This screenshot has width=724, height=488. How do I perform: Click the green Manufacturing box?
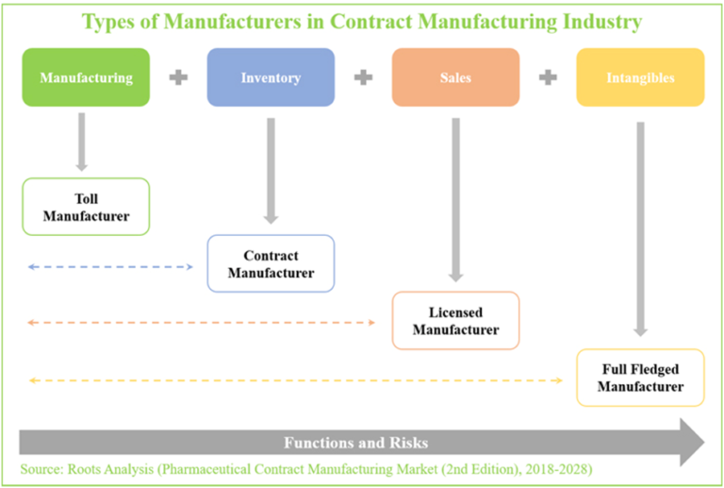coord(86,77)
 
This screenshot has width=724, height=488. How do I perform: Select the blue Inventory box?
coord(271,77)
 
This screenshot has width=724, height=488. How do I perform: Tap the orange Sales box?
coord(455,77)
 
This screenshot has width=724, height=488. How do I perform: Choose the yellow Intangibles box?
coord(640,77)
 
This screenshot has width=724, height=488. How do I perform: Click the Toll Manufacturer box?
coord(86,207)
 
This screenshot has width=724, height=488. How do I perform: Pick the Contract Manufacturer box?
coord(271,263)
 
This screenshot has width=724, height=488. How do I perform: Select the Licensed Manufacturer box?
coord(455,320)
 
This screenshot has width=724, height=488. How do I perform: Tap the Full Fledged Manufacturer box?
coord(640,378)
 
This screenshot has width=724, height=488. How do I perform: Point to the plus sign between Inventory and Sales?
coord(363,77)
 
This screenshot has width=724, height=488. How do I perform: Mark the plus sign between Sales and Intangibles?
coord(548,77)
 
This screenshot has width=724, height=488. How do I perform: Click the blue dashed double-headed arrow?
coord(110,267)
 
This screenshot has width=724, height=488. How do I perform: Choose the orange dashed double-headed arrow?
coord(202,323)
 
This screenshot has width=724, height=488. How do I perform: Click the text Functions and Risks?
coord(356,443)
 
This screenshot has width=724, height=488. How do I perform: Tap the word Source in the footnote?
coord(41,468)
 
